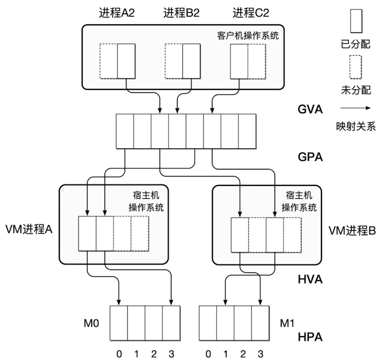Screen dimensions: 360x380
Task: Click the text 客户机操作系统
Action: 247,36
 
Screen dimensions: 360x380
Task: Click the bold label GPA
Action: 311,157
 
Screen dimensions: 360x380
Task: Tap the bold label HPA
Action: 311,337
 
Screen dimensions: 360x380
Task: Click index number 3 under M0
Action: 171,354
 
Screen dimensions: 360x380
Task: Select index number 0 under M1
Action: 208,354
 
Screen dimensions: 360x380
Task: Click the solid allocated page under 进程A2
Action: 126,61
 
